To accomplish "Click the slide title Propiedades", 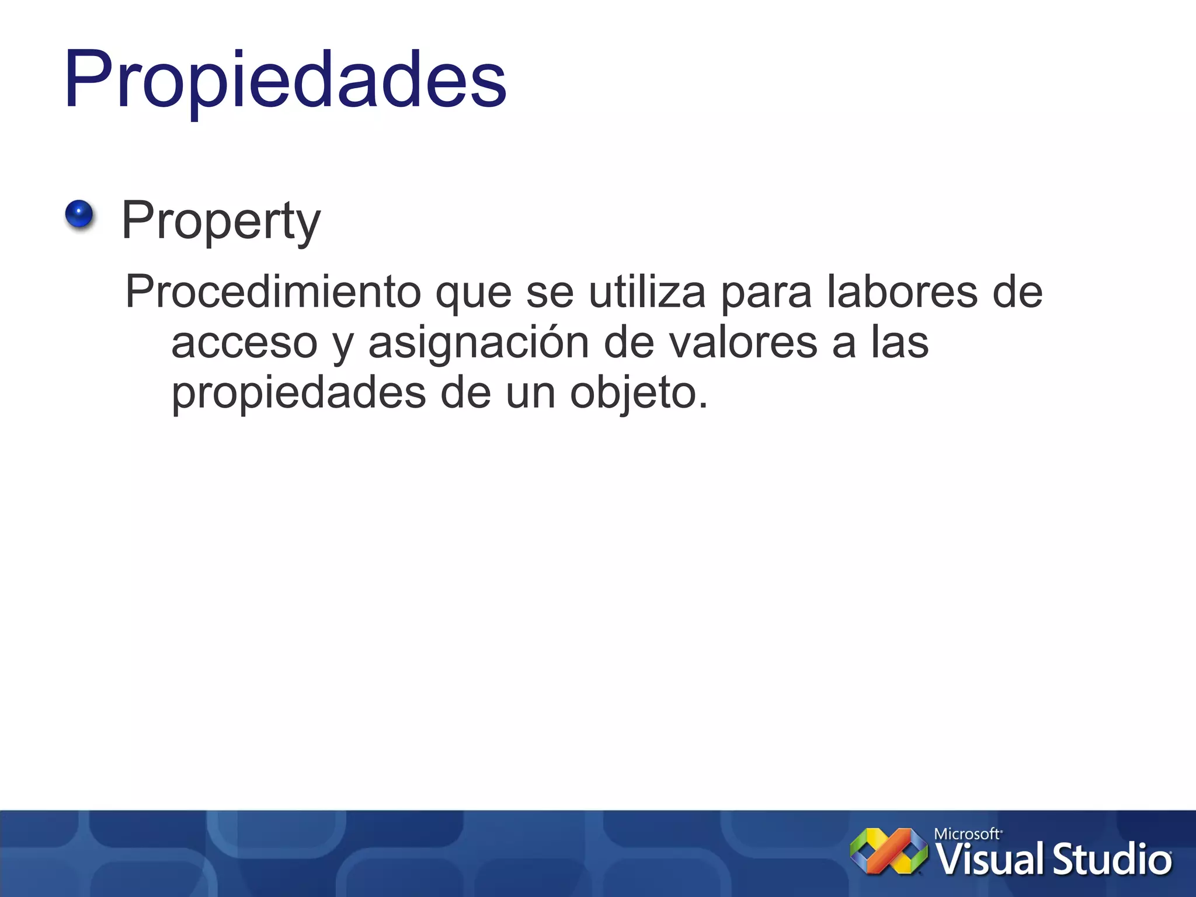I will click(x=285, y=79).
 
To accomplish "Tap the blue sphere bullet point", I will click(x=79, y=214).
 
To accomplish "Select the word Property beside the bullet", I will click(x=221, y=221).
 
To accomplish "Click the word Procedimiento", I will click(x=273, y=291).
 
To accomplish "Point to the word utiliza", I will click(x=647, y=291).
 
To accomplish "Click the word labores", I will click(x=902, y=291).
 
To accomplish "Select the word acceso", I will click(x=244, y=343).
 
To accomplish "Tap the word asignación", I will click(x=478, y=343).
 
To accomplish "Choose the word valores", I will click(x=743, y=343).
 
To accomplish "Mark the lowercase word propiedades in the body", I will click(x=298, y=394).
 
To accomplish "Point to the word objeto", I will click(x=638, y=394).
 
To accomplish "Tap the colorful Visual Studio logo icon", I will click(x=888, y=851).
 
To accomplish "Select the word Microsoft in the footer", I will click(x=967, y=834).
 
